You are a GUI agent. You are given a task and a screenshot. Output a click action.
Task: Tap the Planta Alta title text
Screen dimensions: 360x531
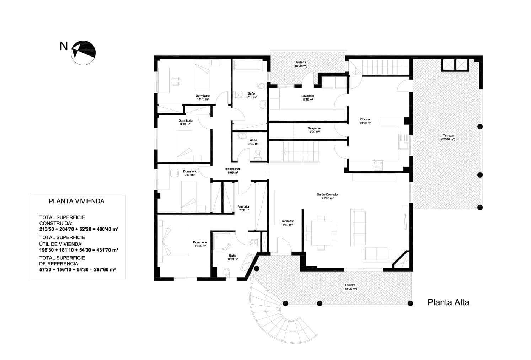click(448, 302)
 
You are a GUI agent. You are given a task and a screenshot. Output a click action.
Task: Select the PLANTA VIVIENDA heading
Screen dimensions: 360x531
click(76, 201)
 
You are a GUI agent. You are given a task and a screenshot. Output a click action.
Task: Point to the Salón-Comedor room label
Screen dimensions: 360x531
click(327, 195)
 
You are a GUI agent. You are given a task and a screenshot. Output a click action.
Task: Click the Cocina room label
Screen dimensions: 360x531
click(365, 119)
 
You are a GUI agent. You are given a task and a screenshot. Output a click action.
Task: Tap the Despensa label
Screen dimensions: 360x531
click(314, 128)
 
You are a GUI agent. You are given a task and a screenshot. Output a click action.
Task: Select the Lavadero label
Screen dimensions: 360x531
click(307, 96)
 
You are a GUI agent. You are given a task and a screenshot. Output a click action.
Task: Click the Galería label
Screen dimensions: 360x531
click(301, 62)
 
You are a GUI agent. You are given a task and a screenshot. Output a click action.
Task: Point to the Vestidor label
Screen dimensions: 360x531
click(243, 206)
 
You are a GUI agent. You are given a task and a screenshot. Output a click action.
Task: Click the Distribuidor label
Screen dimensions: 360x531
click(232, 169)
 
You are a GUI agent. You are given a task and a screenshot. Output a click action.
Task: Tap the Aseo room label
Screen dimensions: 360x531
click(253, 140)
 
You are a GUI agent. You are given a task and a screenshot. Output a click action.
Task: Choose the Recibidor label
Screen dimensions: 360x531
click(287, 221)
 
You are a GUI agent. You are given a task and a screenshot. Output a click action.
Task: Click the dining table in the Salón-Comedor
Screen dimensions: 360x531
click(321, 231)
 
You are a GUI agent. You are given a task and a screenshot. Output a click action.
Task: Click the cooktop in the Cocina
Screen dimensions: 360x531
click(378, 165)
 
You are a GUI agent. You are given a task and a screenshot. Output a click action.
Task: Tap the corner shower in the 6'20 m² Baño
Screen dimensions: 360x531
click(221, 242)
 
